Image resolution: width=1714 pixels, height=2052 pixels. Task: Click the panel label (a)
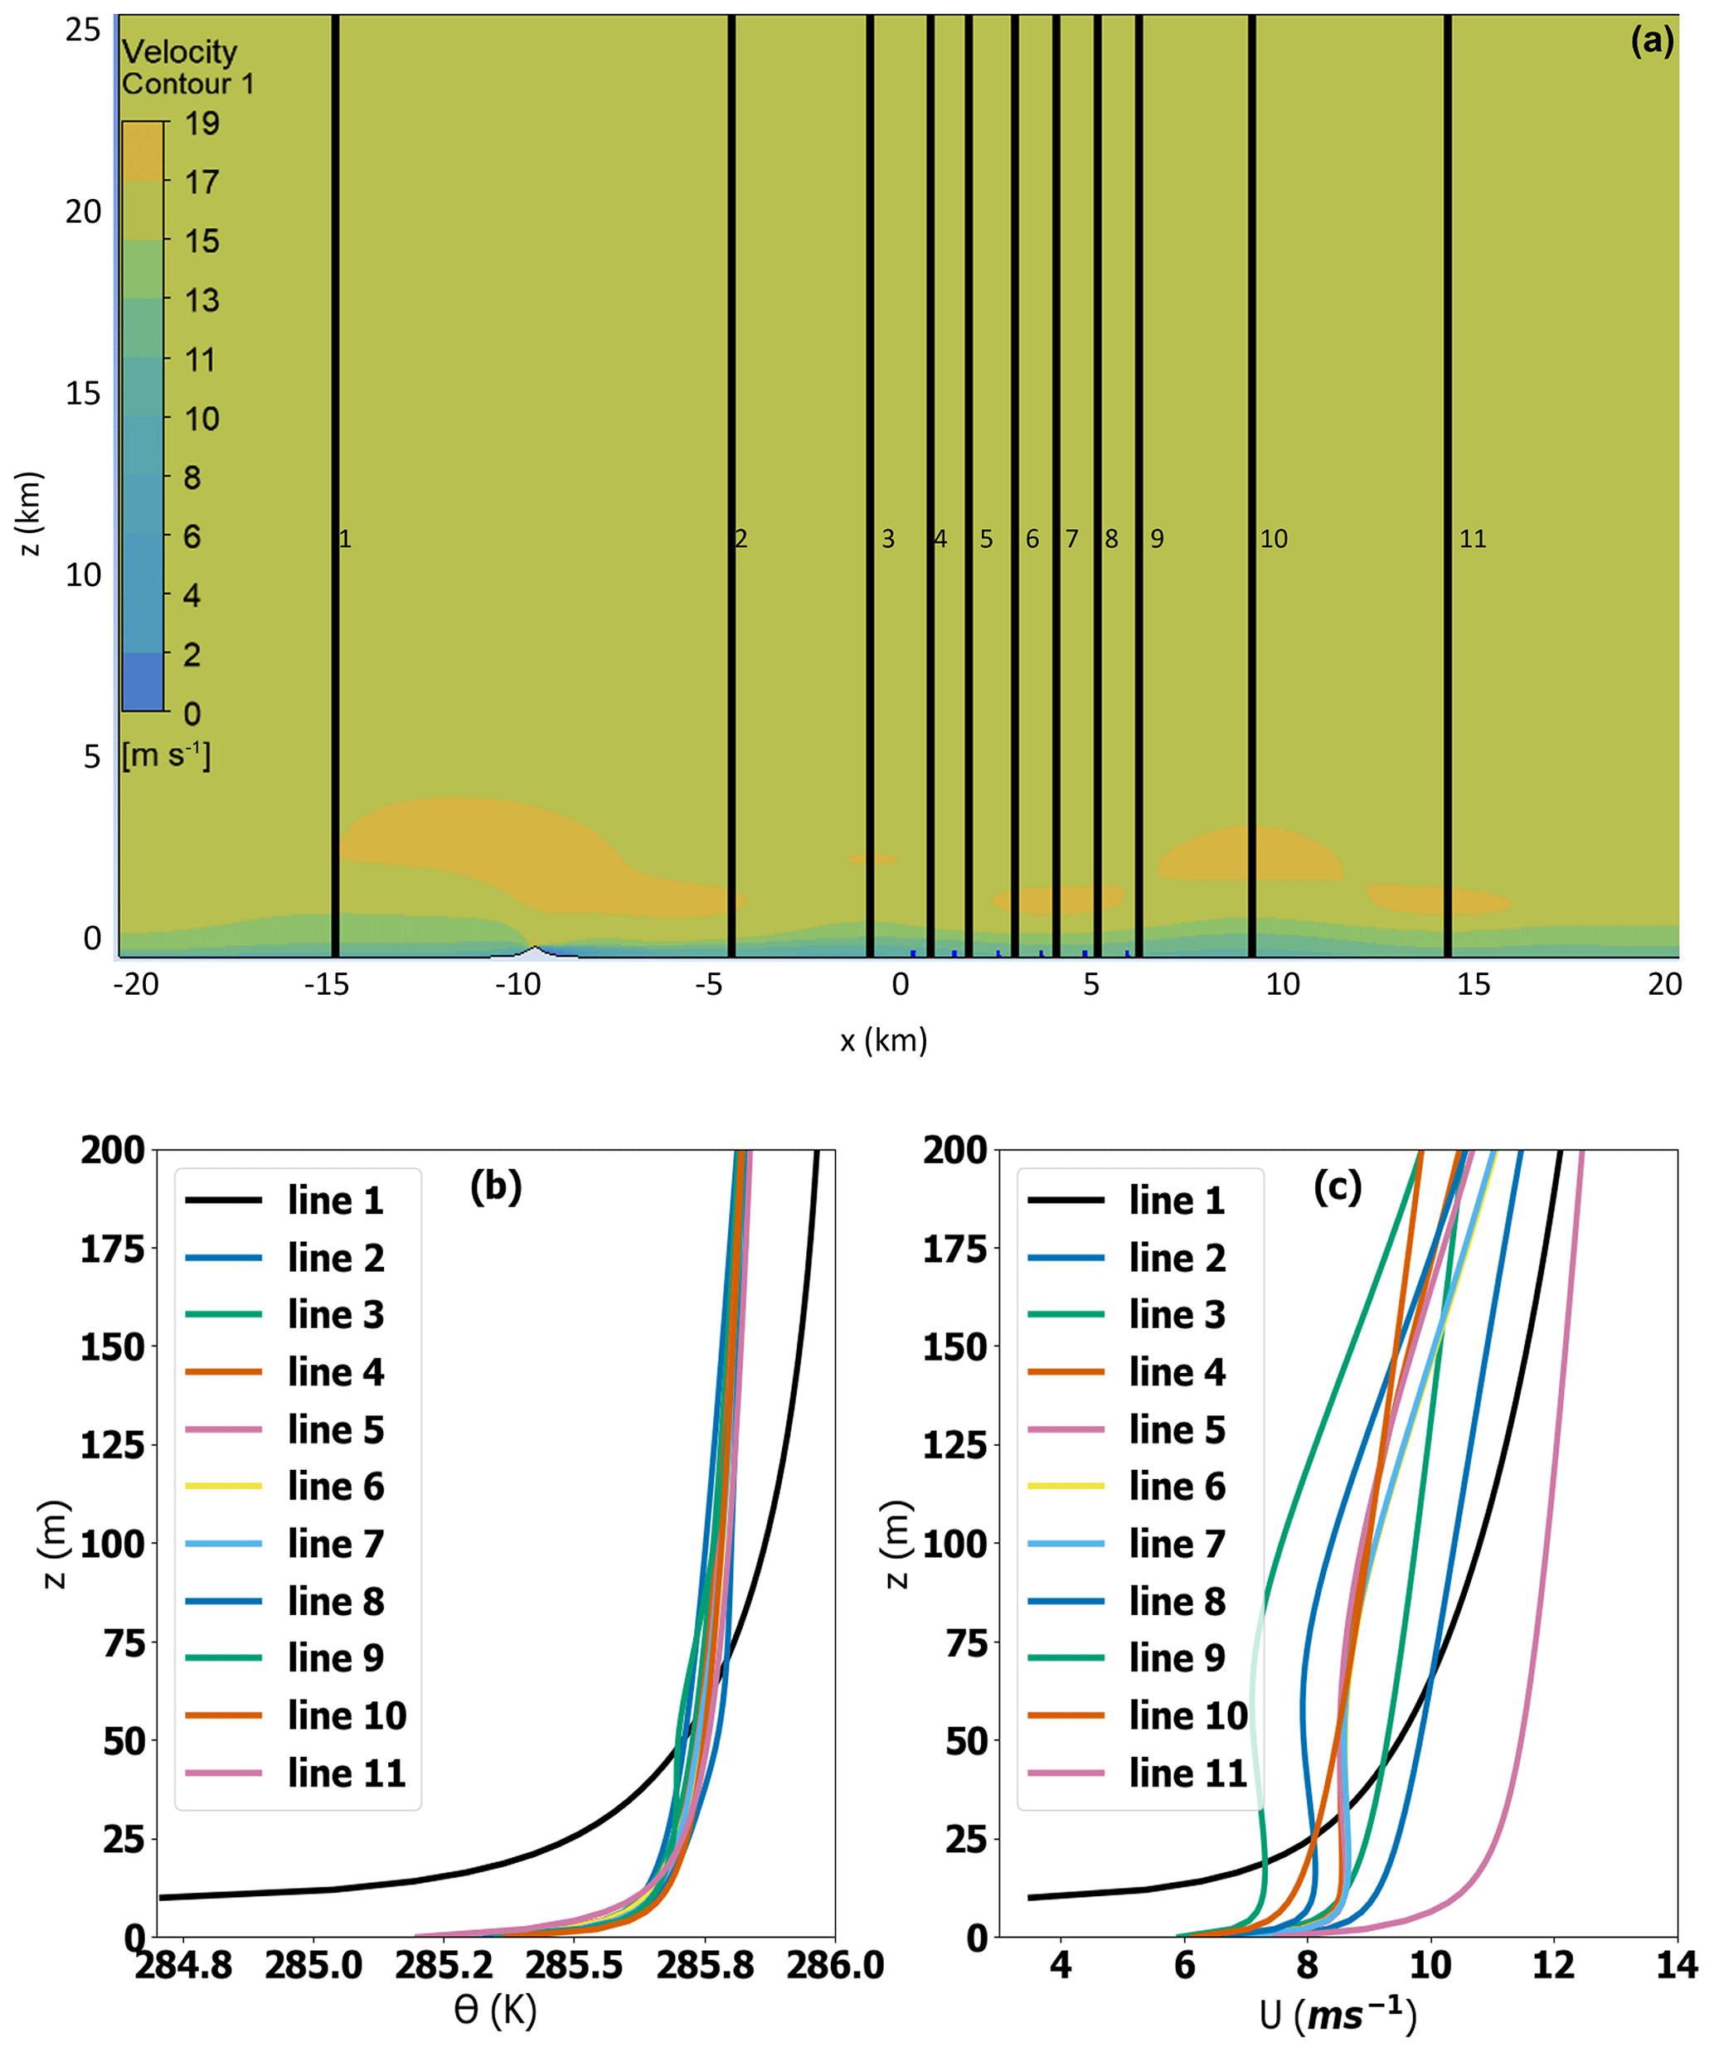tap(1652, 41)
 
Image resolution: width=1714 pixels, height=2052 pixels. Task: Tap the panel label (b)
tap(495, 1186)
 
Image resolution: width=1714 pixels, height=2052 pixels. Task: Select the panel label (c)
tap(1337, 1186)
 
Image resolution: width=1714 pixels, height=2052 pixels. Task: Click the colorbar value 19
tap(202, 123)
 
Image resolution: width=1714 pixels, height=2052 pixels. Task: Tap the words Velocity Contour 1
tap(186, 66)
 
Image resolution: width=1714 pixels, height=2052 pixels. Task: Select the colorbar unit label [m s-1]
tap(166, 755)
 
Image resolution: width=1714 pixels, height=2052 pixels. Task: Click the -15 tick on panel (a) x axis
tap(327, 984)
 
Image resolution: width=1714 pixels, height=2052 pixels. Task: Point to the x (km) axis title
tap(883, 1040)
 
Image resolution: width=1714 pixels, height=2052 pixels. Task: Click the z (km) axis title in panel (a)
tap(29, 514)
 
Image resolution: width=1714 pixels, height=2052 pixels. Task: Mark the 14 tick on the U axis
tap(1677, 1965)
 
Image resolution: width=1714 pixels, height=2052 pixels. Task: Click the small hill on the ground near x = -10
tap(535, 950)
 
